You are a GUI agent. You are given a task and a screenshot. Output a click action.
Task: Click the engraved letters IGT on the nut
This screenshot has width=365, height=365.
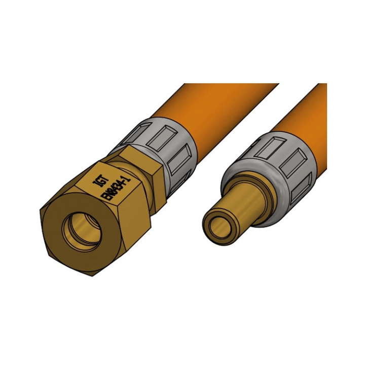pos(99,180)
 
